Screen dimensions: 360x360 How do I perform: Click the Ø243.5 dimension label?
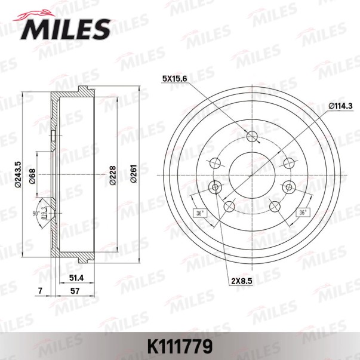[x=18, y=175]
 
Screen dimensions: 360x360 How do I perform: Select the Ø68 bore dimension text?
[x=32, y=177]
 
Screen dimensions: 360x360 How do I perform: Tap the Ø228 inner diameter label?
[x=113, y=176]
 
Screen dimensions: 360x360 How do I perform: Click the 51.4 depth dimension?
[x=76, y=278]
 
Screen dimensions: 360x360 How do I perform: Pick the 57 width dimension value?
[x=75, y=291]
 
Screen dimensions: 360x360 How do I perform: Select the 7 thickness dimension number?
[x=41, y=291]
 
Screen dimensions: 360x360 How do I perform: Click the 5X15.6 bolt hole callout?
[x=175, y=79]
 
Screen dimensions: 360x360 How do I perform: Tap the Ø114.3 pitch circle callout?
[x=340, y=106]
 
